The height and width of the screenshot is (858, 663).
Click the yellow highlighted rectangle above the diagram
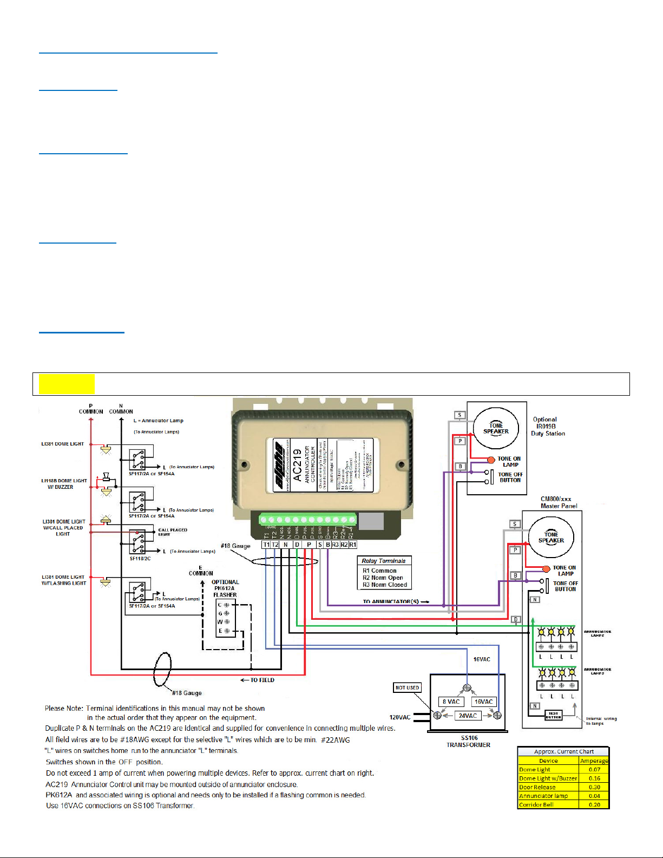pyautogui.click(x=67, y=384)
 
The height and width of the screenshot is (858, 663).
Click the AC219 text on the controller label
pyautogui.click(x=297, y=464)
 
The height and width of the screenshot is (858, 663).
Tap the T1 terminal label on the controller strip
pyautogui.click(x=266, y=545)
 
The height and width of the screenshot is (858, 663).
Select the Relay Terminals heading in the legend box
pyautogui.click(x=384, y=561)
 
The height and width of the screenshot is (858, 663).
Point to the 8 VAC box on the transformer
pyautogui.click(x=451, y=702)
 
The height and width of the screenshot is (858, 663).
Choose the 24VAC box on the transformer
pyautogui.click(x=468, y=716)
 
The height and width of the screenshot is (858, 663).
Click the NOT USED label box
pyautogui.click(x=407, y=687)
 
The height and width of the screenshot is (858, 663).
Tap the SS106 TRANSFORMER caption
pyautogui.click(x=469, y=742)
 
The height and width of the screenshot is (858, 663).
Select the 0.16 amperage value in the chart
pyautogui.click(x=594, y=778)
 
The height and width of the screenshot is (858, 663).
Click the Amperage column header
pyautogui.click(x=594, y=761)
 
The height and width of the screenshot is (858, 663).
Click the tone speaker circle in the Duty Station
pyautogui.click(x=496, y=428)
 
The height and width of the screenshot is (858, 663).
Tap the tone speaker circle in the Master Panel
pyautogui.click(x=551, y=537)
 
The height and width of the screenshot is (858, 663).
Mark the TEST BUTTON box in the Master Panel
pyautogui.click(x=553, y=715)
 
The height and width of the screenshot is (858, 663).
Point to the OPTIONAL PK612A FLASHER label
pyautogui.click(x=225, y=588)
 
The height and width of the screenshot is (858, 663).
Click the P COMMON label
pyautogui.click(x=91, y=409)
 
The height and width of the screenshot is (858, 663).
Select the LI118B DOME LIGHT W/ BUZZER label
pyautogui.click(x=64, y=484)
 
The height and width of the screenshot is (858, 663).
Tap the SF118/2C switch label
pyautogui.click(x=140, y=559)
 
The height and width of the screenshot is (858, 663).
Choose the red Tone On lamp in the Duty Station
pyautogui.click(x=491, y=460)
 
